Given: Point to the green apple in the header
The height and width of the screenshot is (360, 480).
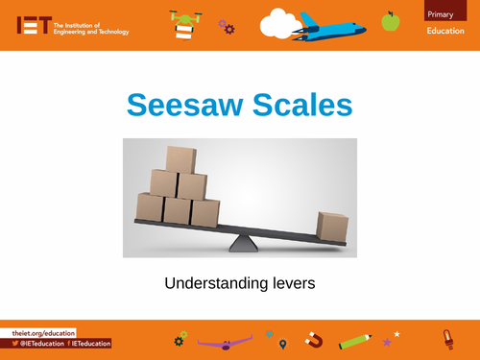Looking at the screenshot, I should (390, 20).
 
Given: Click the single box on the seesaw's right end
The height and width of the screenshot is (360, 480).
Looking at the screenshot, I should (332, 228).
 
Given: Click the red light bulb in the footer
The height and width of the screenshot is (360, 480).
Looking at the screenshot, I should (446, 338).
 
